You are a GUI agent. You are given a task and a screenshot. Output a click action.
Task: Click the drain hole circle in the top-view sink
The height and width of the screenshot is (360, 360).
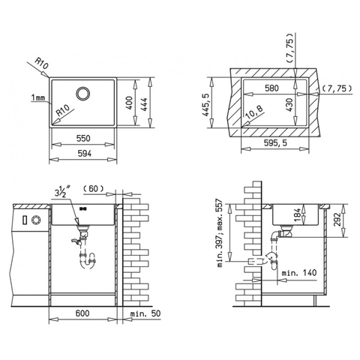(83, 94)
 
